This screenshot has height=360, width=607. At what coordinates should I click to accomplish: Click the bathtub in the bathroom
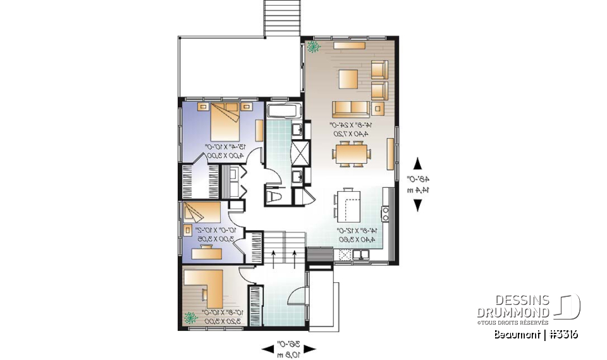(x=284, y=113)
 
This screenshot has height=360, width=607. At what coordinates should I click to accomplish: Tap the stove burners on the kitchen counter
(x=384, y=212)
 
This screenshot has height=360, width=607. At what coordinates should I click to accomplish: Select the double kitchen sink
(x=362, y=255)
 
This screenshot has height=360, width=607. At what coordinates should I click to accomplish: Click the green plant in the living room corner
(x=313, y=47)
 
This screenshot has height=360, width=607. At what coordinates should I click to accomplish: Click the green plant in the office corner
(x=190, y=318)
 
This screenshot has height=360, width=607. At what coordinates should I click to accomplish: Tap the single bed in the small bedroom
(x=201, y=213)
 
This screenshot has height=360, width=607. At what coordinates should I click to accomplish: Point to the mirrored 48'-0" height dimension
(x=417, y=184)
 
